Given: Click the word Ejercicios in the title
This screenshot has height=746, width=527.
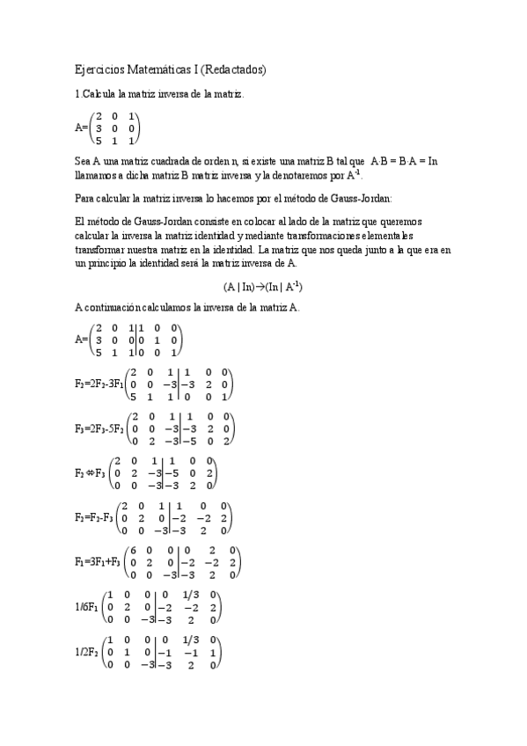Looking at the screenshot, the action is (x=98, y=69).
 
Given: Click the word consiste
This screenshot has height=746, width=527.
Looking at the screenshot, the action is (x=197, y=223).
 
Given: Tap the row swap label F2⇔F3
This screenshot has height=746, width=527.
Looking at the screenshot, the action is (x=90, y=473).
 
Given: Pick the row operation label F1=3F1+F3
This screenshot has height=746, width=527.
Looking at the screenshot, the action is (x=99, y=562).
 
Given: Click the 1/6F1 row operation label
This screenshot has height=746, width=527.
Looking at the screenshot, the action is (x=88, y=606).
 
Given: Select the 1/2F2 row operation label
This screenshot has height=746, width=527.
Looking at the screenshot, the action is (x=88, y=651).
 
